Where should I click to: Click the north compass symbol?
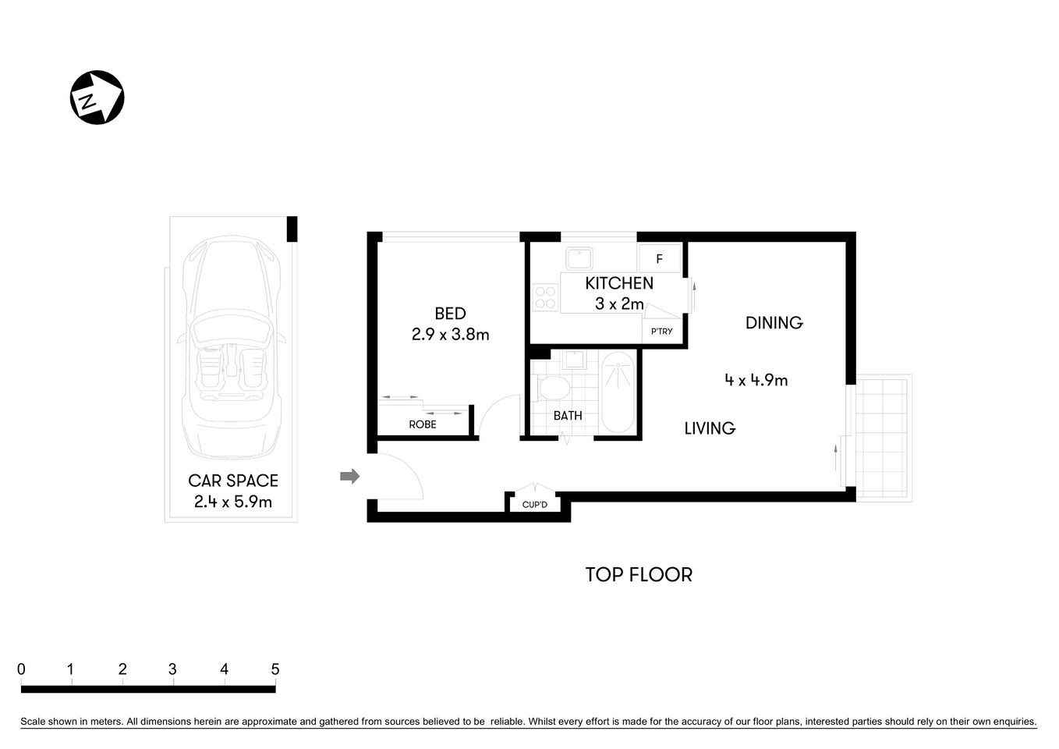point(97,98)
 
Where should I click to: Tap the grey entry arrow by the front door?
point(350,476)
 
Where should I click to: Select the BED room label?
point(450,314)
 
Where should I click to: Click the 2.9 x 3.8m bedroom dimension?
point(450,335)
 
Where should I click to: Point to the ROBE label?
point(423,424)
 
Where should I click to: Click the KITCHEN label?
point(619,283)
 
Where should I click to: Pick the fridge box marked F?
point(659,258)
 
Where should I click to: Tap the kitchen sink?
point(579,258)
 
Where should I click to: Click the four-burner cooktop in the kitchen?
point(544,297)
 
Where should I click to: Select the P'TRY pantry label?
point(661,332)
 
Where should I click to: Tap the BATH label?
point(568,416)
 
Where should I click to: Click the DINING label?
point(774,322)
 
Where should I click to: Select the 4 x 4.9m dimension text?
point(756,380)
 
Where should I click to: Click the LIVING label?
point(710,428)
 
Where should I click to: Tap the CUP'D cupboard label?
point(535,505)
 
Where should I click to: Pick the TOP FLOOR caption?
point(639,575)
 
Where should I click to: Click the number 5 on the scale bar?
point(274,669)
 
